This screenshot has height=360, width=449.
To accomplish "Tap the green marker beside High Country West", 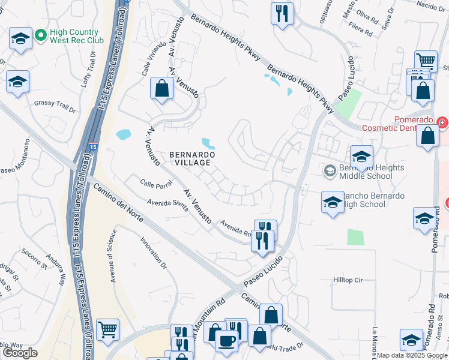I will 41,35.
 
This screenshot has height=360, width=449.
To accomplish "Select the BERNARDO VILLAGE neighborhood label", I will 190,158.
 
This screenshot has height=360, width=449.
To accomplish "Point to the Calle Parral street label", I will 157,183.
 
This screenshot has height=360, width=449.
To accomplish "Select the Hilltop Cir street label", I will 349,280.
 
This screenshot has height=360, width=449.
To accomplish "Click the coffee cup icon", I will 226,340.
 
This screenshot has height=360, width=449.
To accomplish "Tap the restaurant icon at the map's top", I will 282,13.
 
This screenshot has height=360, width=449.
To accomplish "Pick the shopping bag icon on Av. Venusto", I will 161,88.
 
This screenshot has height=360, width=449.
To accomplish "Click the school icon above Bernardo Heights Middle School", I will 361,156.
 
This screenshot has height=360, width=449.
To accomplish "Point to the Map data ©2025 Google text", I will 412,355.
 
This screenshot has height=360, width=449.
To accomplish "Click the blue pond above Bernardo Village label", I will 208,143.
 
